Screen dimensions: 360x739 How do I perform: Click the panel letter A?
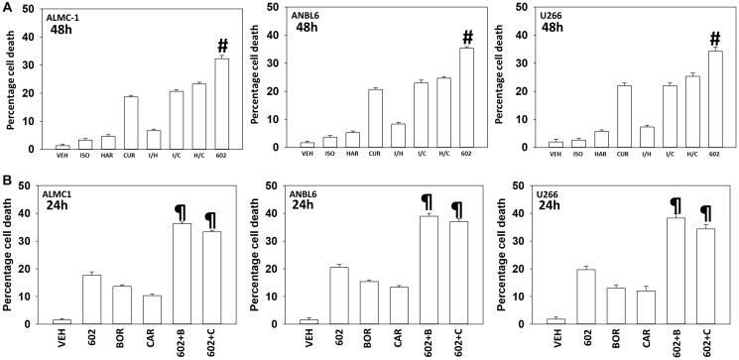pos(7,8)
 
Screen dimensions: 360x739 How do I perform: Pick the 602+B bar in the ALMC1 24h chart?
pos(183,272)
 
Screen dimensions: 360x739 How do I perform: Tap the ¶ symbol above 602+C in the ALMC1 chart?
pos(210,219)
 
